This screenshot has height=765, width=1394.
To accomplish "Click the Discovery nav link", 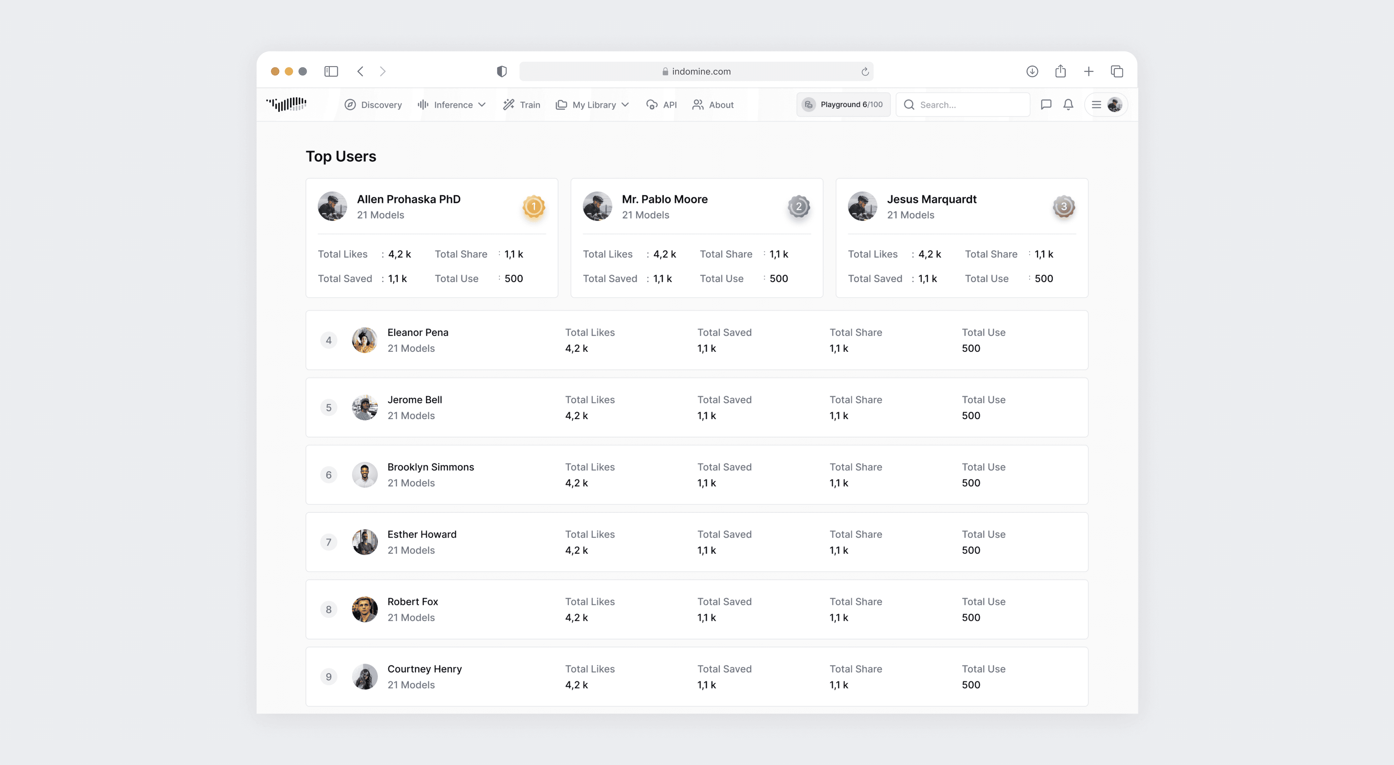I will pyautogui.click(x=373, y=105).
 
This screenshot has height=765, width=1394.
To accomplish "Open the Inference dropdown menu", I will pyautogui.click(x=452, y=105).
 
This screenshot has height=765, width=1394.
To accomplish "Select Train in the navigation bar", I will pyautogui.click(x=522, y=105).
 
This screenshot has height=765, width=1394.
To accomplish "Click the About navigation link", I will pyautogui.click(x=713, y=105).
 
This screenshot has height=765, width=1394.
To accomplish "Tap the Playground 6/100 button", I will pyautogui.click(x=843, y=104).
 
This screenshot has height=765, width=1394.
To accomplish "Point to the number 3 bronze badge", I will pyautogui.click(x=1063, y=207).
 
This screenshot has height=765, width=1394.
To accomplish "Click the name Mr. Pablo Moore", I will pyautogui.click(x=665, y=199).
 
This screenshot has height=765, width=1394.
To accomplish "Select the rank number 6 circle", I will pyautogui.click(x=328, y=475).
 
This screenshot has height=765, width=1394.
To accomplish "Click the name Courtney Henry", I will pyautogui.click(x=424, y=669).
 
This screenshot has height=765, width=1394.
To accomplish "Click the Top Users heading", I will pyautogui.click(x=341, y=156).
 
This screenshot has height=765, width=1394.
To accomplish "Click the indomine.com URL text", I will pyautogui.click(x=701, y=71).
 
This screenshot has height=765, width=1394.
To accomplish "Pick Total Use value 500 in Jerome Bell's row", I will pyautogui.click(x=971, y=416).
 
